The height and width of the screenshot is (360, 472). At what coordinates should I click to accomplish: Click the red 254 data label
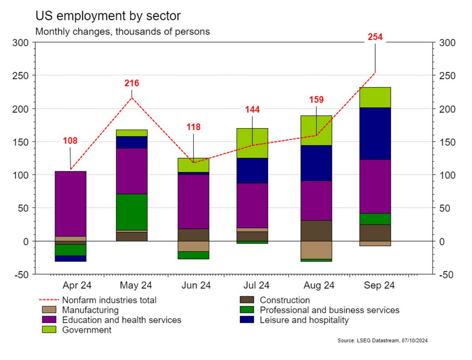coord(375,37)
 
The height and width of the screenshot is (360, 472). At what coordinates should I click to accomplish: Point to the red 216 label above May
coord(132,83)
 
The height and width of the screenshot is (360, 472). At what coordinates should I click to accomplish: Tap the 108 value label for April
coord(70,141)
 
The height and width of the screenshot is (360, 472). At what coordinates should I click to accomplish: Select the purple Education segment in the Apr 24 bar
coord(71,204)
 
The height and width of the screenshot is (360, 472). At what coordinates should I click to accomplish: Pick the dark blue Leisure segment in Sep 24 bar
coord(375,133)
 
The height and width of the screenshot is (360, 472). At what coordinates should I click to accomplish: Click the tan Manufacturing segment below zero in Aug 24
coord(316,250)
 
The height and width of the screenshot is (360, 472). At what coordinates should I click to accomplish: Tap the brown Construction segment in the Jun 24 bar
coord(193,235)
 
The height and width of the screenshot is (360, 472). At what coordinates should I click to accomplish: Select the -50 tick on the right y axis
coord(447,275)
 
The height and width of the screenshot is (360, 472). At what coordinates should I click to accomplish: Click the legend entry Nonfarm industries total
coord(109,300)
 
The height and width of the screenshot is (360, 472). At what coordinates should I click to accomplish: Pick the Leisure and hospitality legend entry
coord(304,320)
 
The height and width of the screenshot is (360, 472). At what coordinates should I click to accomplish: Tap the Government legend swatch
coord(49,330)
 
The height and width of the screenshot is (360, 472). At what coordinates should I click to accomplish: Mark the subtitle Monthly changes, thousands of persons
coord(123,31)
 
